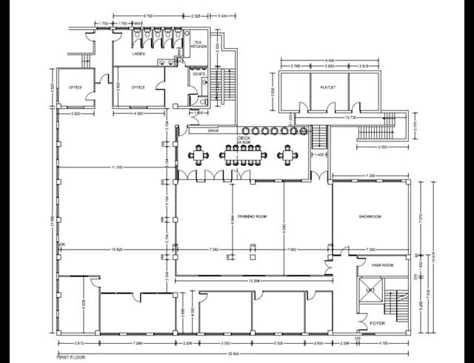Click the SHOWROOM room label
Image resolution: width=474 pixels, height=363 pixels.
click(x=369, y=216)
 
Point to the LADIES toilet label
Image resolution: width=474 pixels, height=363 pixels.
click(x=138, y=54)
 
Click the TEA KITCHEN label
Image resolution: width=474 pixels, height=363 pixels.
click(x=198, y=44)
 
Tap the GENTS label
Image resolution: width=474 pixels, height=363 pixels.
click(x=198, y=73)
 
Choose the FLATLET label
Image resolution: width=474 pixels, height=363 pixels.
click(x=329, y=87)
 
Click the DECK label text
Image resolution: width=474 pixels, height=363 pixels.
click(x=244, y=139)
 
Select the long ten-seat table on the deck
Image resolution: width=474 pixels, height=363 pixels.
click(x=241, y=154)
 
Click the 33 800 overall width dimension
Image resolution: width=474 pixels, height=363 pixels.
click(x=234, y=353)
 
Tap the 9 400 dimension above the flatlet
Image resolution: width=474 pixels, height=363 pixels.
click(x=328, y=61)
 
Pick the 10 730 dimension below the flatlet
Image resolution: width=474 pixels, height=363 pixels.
click(x=350, y=117)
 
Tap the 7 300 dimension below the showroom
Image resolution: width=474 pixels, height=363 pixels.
click(x=370, y=250)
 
